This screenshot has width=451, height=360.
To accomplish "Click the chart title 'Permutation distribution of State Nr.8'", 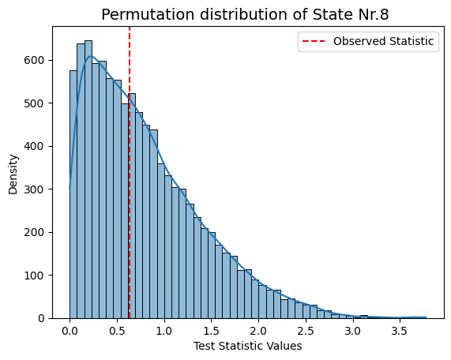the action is coord(245,14).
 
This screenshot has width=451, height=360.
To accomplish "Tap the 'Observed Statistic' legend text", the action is coord(383,41).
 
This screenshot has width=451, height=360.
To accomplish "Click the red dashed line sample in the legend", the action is coord(314,41).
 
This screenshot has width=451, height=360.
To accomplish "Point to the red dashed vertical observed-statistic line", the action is coord(130,173).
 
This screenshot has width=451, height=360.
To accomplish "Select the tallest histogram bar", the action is coord(88,179).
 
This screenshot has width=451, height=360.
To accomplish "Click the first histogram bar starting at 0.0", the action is coord(73,194).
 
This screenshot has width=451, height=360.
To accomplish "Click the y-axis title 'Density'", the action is coord(13,174).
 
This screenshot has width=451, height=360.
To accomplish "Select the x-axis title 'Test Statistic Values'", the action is coord(248,346).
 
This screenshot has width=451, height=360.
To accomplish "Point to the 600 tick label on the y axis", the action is coord(34,60).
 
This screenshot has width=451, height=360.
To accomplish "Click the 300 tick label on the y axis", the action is coord(34,189).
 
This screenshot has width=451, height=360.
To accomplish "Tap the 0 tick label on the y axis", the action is coord(41,318).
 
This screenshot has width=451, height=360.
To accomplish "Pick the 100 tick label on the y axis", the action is coord(34,276).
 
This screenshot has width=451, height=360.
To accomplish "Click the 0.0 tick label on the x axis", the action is coord(70,332).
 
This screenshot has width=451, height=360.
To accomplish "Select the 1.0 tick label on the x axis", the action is coord(164,332).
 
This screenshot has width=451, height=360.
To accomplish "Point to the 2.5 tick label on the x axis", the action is coord(306,332).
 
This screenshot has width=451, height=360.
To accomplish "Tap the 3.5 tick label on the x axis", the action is coord(400,332).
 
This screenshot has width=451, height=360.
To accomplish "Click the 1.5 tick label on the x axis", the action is coord(212,332).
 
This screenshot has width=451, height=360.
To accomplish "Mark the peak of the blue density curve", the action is coord(91,56).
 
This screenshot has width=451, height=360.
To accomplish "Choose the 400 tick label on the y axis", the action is coord(34,146).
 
